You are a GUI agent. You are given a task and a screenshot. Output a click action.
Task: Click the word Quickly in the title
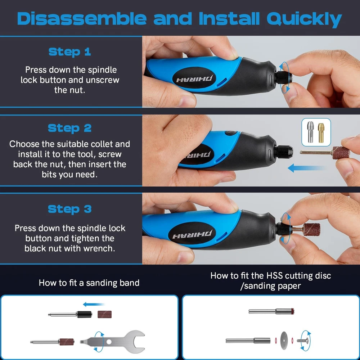[x=304, y=19]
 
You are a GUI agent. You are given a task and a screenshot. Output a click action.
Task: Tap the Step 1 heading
[x=70, y=52]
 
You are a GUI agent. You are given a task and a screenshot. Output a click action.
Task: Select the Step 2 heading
[x=69, y=128]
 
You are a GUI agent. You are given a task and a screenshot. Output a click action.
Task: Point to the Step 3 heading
[x=69, y=209]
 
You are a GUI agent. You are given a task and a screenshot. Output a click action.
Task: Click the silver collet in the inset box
[x=310, y=132]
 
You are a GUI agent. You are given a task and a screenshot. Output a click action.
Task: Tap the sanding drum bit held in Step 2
[x=325, y=153]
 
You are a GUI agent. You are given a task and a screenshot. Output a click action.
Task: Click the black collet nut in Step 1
[x=284, y=77]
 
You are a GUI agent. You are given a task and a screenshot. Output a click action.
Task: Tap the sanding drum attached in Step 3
[x=311, y=229]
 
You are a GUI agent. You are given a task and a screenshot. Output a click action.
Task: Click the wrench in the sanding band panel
[x=113, y=342]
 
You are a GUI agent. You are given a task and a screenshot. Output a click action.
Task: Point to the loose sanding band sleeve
[x=104, y=314]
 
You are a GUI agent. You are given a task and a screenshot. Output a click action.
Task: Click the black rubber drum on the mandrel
[x=84, y=314]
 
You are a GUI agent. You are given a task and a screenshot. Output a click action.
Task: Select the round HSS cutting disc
[x=284, y=341]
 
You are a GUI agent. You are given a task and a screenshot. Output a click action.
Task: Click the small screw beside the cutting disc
[x=303, y=341]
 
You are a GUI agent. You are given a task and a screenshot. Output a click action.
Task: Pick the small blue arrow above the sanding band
[x=94, y=305]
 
